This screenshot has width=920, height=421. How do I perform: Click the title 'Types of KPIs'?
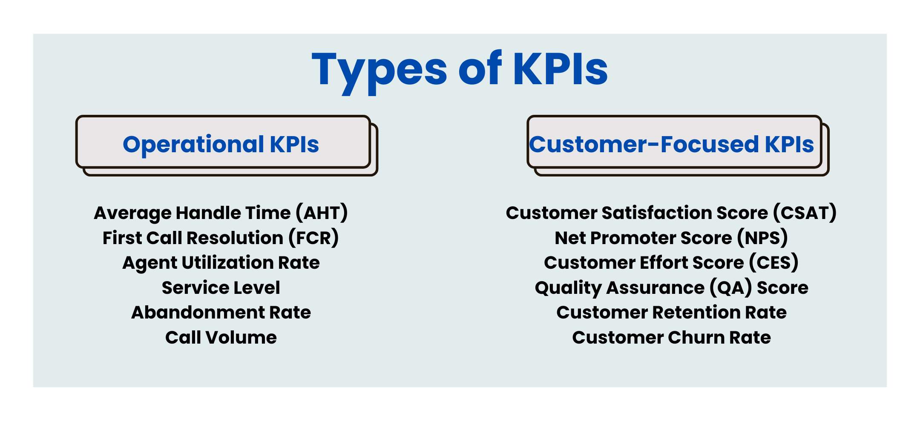460,69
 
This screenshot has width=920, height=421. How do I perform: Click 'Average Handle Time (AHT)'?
221,213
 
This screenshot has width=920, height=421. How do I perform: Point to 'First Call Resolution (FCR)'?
221,238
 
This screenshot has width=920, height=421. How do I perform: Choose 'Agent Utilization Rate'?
221,263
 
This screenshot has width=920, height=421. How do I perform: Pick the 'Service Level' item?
221,288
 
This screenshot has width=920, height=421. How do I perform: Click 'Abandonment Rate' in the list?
221,313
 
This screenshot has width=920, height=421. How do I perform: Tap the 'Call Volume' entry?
221,338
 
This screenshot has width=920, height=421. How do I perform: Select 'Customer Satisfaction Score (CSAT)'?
671,213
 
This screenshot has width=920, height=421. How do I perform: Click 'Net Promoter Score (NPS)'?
671,238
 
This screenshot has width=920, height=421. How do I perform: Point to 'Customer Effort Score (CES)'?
671,263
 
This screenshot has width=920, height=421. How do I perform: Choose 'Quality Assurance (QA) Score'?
671,288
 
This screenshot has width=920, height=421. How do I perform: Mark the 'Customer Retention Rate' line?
671,313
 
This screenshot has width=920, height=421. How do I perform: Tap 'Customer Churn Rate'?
671,338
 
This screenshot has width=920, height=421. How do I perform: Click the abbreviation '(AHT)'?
322,213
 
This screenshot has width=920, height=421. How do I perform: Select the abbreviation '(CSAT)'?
805,213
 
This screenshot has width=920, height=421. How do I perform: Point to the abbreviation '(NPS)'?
762,238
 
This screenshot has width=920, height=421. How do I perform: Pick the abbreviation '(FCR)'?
314,238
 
